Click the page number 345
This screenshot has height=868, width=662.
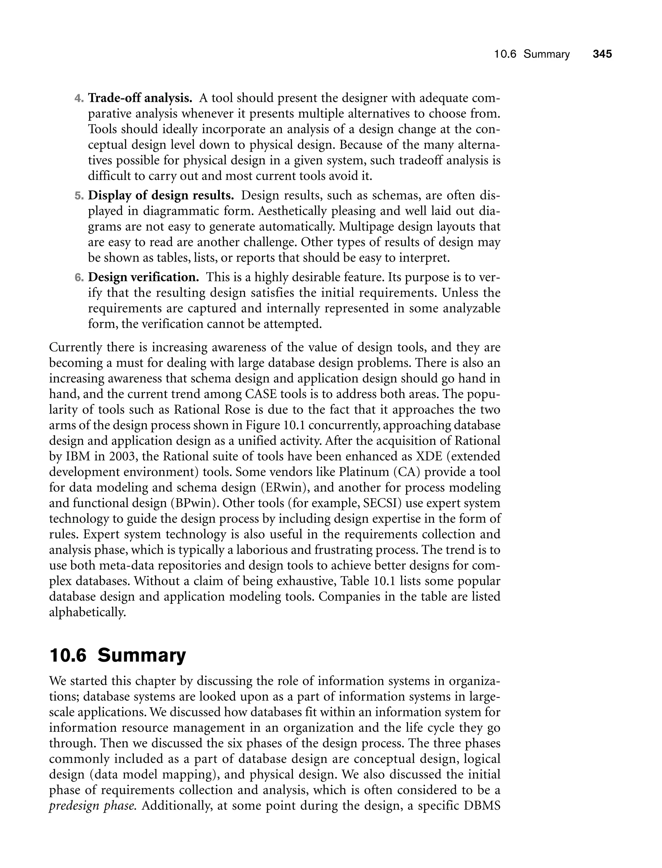tap(602, 54)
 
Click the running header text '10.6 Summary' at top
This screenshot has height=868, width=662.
tap(532, 54)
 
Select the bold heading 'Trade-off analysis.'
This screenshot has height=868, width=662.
tap(140, 97)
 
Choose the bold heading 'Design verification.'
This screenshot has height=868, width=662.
tap(144, 277)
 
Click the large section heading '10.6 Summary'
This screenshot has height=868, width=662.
tap(117, 656)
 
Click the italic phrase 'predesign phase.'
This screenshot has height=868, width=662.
tap(93, 805)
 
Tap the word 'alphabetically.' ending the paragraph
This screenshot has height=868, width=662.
tap(87, 612)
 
